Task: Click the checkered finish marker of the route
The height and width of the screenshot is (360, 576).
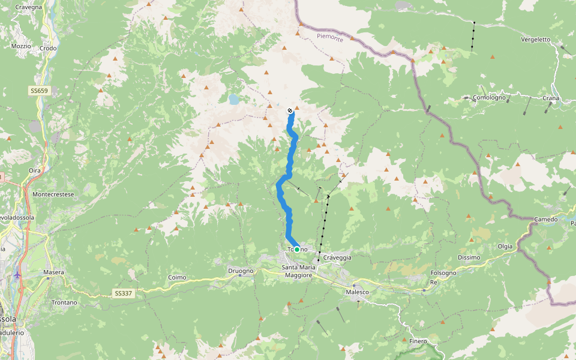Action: point(290,110)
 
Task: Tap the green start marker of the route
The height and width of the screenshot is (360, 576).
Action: point(296,250)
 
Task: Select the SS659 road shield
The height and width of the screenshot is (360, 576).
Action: point(39,91)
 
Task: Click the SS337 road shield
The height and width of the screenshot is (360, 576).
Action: point(122,293)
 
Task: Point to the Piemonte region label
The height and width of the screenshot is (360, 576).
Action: point(330,38)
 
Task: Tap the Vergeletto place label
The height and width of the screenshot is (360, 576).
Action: point(536,40)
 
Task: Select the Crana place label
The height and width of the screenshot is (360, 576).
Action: point(550,98)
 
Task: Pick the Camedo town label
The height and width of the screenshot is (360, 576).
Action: point(545,220)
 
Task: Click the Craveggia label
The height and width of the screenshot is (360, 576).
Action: point(336,257)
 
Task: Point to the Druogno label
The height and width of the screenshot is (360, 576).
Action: point(241,271)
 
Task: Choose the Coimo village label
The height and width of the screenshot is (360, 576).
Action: point(178,277)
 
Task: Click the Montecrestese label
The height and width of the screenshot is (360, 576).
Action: point(53,195)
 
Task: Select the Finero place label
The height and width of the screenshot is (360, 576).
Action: point(418,341)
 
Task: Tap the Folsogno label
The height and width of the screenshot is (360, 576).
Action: point(443,273)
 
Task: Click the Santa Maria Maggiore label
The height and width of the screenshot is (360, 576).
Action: point(298,271)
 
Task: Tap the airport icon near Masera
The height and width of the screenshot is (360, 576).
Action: point(17,275)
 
